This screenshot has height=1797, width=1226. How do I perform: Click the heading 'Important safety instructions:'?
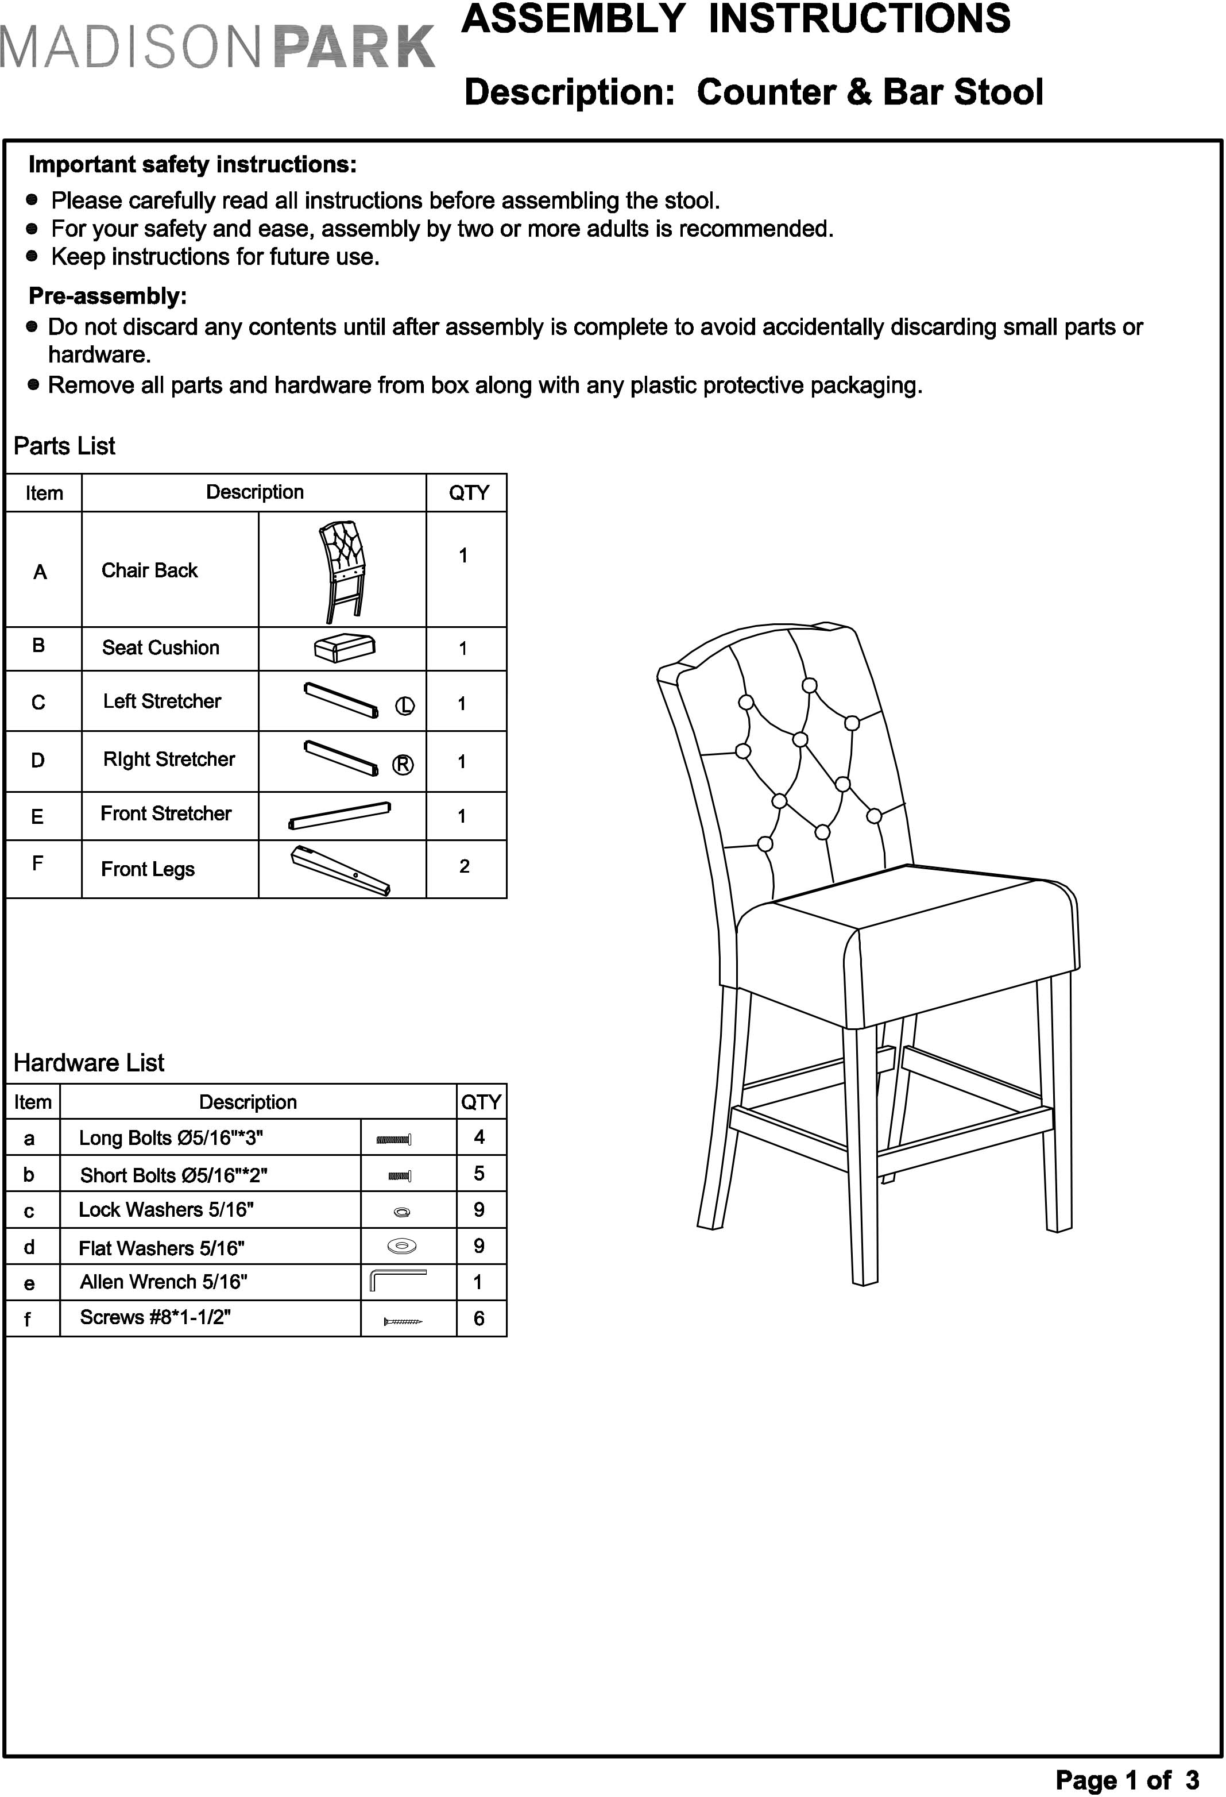[x=192, y=165]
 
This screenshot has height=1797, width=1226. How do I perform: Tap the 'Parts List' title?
[x=64, y=446]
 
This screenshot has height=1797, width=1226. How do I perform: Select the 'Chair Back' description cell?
[x=150, y=570]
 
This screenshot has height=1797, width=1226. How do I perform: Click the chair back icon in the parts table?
[x=342, y=570]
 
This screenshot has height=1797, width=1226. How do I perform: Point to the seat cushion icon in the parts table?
[x=345, y=647]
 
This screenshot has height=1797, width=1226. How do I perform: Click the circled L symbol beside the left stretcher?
[x=405, y=706]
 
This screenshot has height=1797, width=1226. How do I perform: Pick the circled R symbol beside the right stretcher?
[x=403, y=765]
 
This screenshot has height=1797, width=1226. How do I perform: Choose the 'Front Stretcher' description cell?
[x=166, y=813]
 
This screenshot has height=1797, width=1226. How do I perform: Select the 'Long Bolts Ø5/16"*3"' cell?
[x=171, y=1138]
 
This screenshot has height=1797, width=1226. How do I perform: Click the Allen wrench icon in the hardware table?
[x=398, y=1281]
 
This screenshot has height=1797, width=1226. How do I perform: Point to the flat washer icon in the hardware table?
[x=401, y=1245]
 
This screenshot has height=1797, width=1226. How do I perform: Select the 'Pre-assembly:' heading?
[x=107, y=296]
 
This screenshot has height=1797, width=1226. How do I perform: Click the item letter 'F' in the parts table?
[x=37, y=863]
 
